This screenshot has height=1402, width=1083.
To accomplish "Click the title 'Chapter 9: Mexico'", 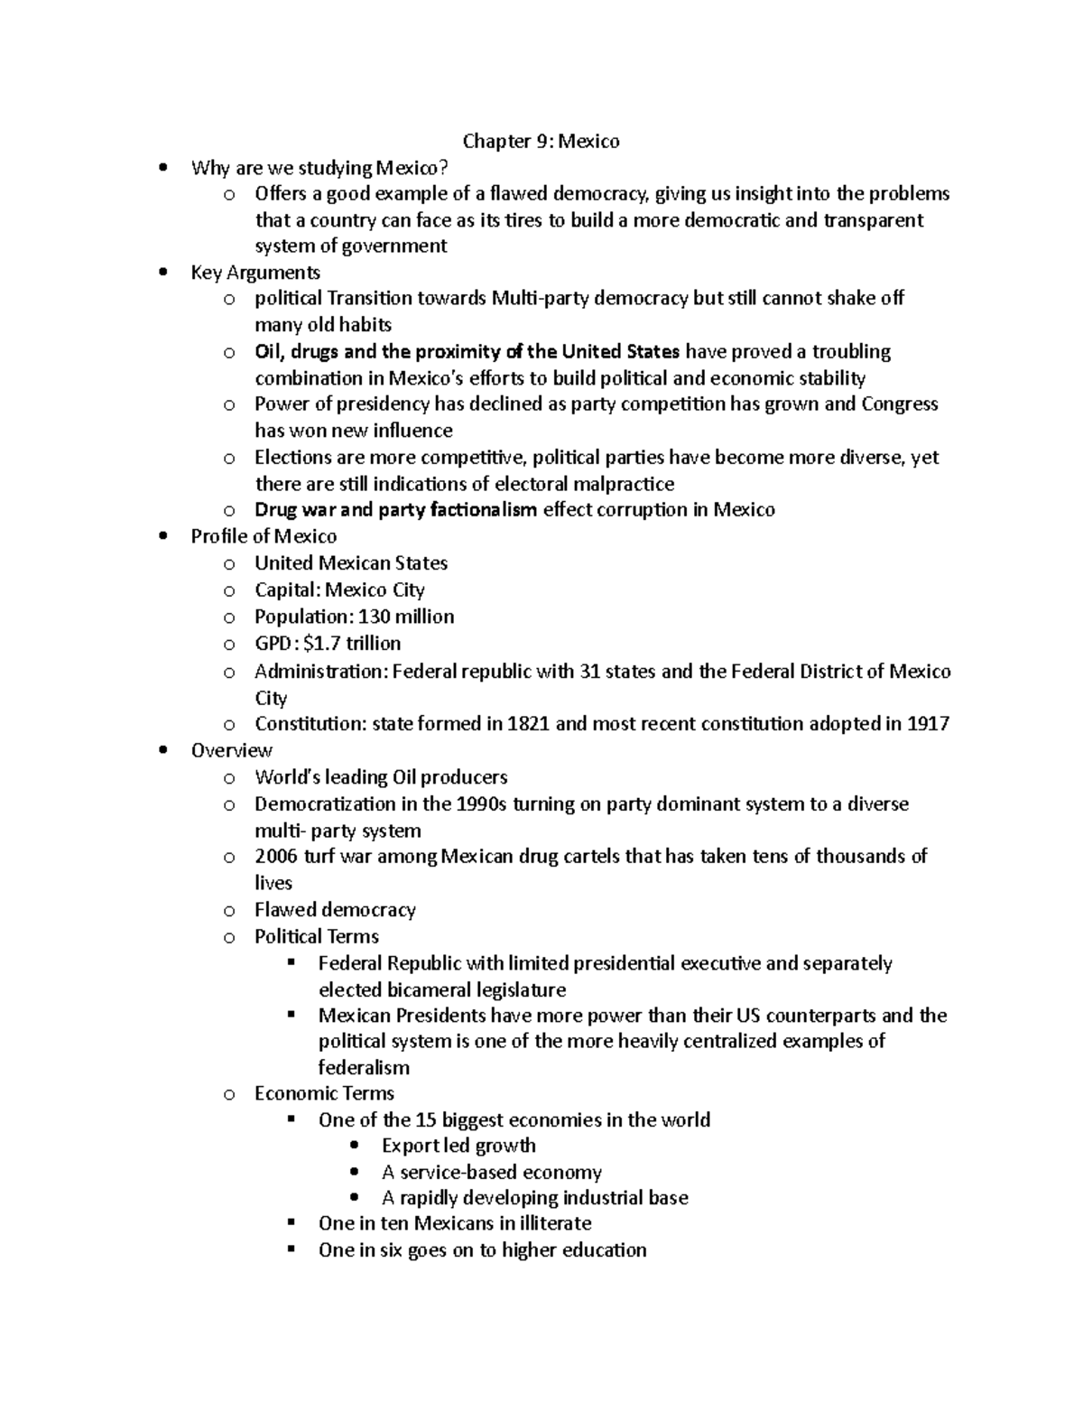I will tap(541, 141).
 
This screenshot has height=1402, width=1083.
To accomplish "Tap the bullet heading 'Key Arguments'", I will tap(255, 273).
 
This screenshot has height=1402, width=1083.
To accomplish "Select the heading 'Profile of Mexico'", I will tap(264, 536).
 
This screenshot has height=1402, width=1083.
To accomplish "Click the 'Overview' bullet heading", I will tap(231, 750).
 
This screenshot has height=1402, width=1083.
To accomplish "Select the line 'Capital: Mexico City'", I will tap(339, 590).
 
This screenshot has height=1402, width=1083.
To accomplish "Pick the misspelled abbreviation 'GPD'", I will tap(273, 644).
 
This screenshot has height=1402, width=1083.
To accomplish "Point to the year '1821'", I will tap(529, 724).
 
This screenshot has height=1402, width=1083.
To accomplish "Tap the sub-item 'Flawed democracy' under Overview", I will tap(335, 910).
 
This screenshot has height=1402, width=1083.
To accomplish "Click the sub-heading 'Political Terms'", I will tap(317, 936).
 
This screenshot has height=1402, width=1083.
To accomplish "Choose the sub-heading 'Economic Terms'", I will tap(324, 1093).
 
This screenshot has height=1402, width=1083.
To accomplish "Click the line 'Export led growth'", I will tap(458, 1146).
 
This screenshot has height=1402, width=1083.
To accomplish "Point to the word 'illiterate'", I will tap(555, 1223).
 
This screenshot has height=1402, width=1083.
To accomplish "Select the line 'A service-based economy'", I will tap(491, 1173).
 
